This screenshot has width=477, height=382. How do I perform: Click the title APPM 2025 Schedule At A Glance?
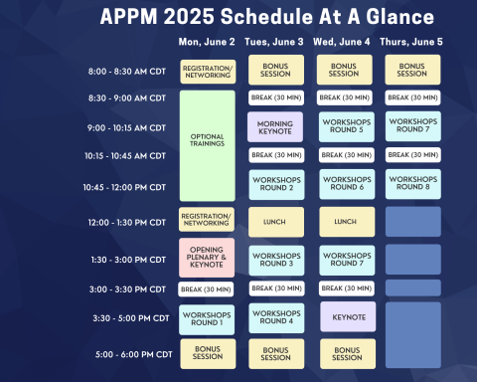click(265, 17)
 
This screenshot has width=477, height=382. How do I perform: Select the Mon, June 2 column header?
click(207, 42)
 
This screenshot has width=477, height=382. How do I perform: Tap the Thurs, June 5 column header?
click(412, 42)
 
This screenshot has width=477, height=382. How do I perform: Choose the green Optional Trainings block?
click(207, 145)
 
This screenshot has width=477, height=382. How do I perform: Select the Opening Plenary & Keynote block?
click(207, 257)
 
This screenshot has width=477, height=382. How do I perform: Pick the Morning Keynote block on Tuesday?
click(275, 126)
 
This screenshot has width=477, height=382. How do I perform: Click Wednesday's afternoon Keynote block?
click(344, 316)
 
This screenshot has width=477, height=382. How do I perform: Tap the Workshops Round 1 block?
click(207, 318)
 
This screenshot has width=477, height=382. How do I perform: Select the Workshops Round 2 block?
click(275, 184)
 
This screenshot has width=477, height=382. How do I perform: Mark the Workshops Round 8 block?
click(412, 184)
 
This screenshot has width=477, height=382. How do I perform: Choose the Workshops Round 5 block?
click(344, 126)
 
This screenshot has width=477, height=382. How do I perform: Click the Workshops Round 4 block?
click(275, 318)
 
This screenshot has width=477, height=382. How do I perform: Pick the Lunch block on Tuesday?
click(275, 222)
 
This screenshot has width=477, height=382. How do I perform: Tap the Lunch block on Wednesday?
click(344, 222)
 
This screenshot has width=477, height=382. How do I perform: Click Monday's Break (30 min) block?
click(207, 288)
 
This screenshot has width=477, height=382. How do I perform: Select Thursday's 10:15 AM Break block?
click(412, 155)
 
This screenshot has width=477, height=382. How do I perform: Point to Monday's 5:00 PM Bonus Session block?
click(207, 353)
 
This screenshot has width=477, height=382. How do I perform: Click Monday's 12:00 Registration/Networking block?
click(207, 220)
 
